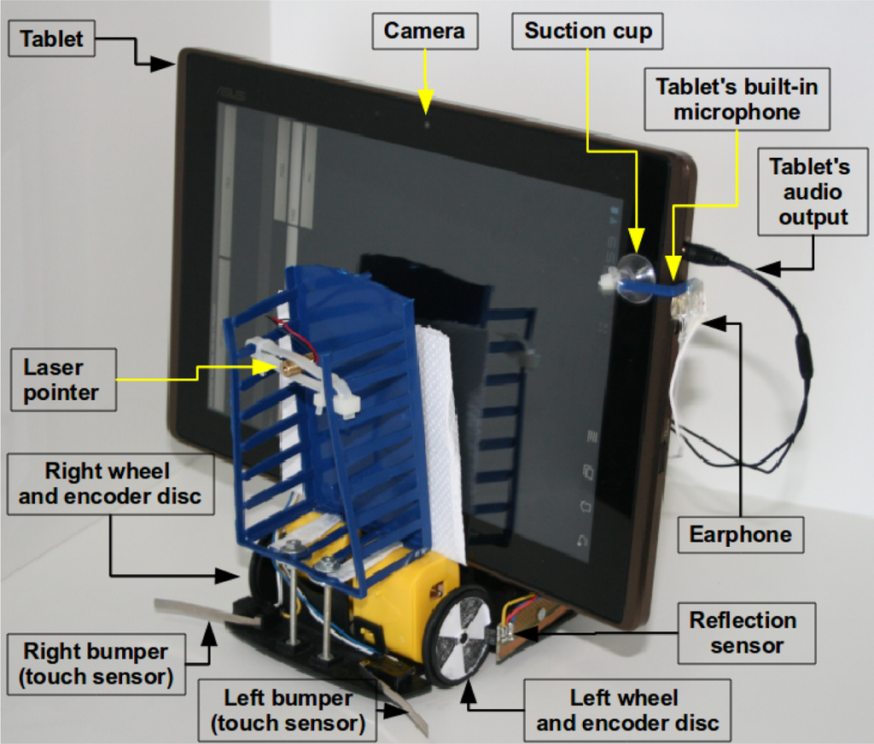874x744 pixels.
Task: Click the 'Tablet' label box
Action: coord(52,39)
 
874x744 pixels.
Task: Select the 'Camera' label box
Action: coord(424,32)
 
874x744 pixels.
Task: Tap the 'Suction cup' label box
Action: coord(587,32)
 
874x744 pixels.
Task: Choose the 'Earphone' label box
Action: coord(740,535)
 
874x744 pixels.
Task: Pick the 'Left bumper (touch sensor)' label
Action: coord(287,710)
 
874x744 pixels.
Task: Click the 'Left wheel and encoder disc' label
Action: coord(626,711)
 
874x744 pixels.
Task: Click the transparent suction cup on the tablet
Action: coord(635,276)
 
